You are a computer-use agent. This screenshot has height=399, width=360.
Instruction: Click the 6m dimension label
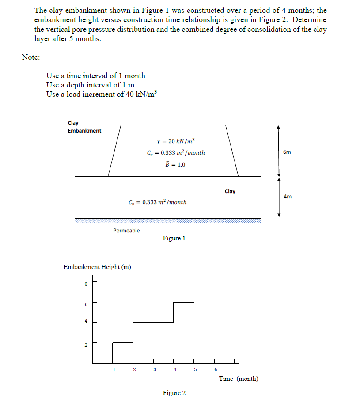(287, 152)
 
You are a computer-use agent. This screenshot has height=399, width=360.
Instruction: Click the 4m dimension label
(287, 196)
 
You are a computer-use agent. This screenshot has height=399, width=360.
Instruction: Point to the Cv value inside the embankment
(176, 153)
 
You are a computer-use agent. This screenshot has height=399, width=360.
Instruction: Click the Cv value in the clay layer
(157, 202)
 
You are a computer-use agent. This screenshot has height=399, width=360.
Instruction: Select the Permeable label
(126, 231)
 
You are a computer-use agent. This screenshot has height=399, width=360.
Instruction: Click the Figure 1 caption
(174, 239)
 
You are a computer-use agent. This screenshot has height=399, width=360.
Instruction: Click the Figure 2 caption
(174, 393)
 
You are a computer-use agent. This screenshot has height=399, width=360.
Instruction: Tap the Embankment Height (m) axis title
(97, 267)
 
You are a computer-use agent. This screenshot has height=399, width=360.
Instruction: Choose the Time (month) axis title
(239, 379)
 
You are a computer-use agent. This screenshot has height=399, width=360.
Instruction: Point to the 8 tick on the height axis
(86, 285)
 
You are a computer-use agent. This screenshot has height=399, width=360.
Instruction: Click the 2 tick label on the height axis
(86, 345)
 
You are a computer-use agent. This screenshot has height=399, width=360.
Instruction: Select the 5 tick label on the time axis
(195, 369)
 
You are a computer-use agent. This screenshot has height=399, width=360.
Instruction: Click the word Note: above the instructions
(31, 57)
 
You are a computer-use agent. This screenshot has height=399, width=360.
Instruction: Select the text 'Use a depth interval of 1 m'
(91, 85)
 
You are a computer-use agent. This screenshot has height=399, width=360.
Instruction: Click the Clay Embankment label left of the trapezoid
(84, 127)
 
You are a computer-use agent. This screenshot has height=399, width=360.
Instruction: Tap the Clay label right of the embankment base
(230, 191)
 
